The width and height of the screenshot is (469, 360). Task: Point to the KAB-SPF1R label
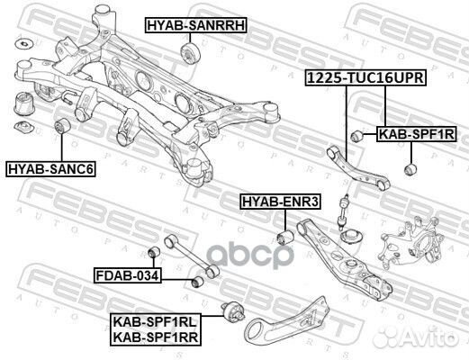point(416,133)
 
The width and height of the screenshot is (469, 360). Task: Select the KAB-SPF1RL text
point(156,319)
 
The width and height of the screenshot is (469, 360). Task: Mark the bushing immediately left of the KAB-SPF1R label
point(356,134)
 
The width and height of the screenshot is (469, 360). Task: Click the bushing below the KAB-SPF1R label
point(411,167)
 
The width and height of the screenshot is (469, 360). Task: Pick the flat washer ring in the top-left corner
point(23,41)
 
